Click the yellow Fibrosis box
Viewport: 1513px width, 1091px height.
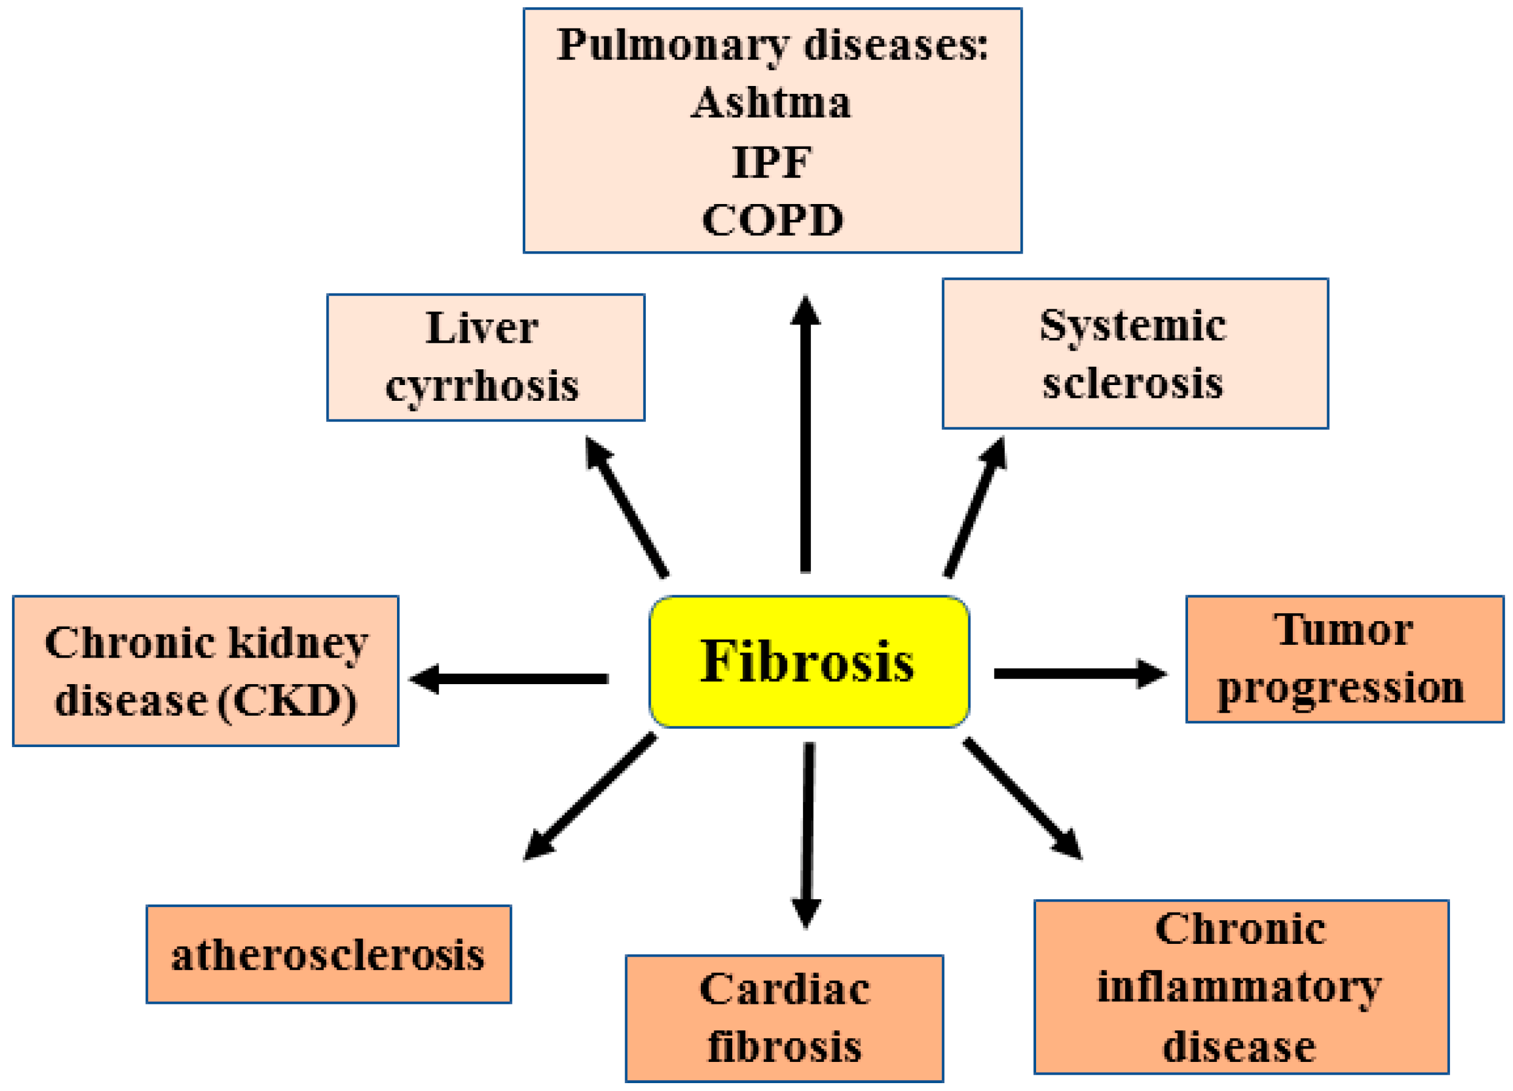coord(809,661)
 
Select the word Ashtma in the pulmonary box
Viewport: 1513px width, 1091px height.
coord(771,103)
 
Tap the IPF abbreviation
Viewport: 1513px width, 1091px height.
coord(772,162)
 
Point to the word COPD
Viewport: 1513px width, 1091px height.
coord(772,220)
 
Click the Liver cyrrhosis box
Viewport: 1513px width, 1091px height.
coord(485,357)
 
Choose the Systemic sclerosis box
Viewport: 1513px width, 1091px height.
coord(1135,353)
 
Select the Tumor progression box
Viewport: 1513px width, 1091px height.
coord(1344,659)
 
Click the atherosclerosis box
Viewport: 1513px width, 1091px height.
coord(329,954)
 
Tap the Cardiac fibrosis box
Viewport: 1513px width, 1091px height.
coord(784,1018)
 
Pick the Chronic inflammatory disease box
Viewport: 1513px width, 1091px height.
coord(1241,987)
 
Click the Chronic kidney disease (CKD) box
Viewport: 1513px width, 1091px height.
coord(206,671)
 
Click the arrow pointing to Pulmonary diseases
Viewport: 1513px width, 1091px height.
coord(805,433)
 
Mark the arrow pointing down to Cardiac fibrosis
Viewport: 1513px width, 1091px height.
coord(807,834)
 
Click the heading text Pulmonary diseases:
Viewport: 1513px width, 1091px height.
coord(772,45)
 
